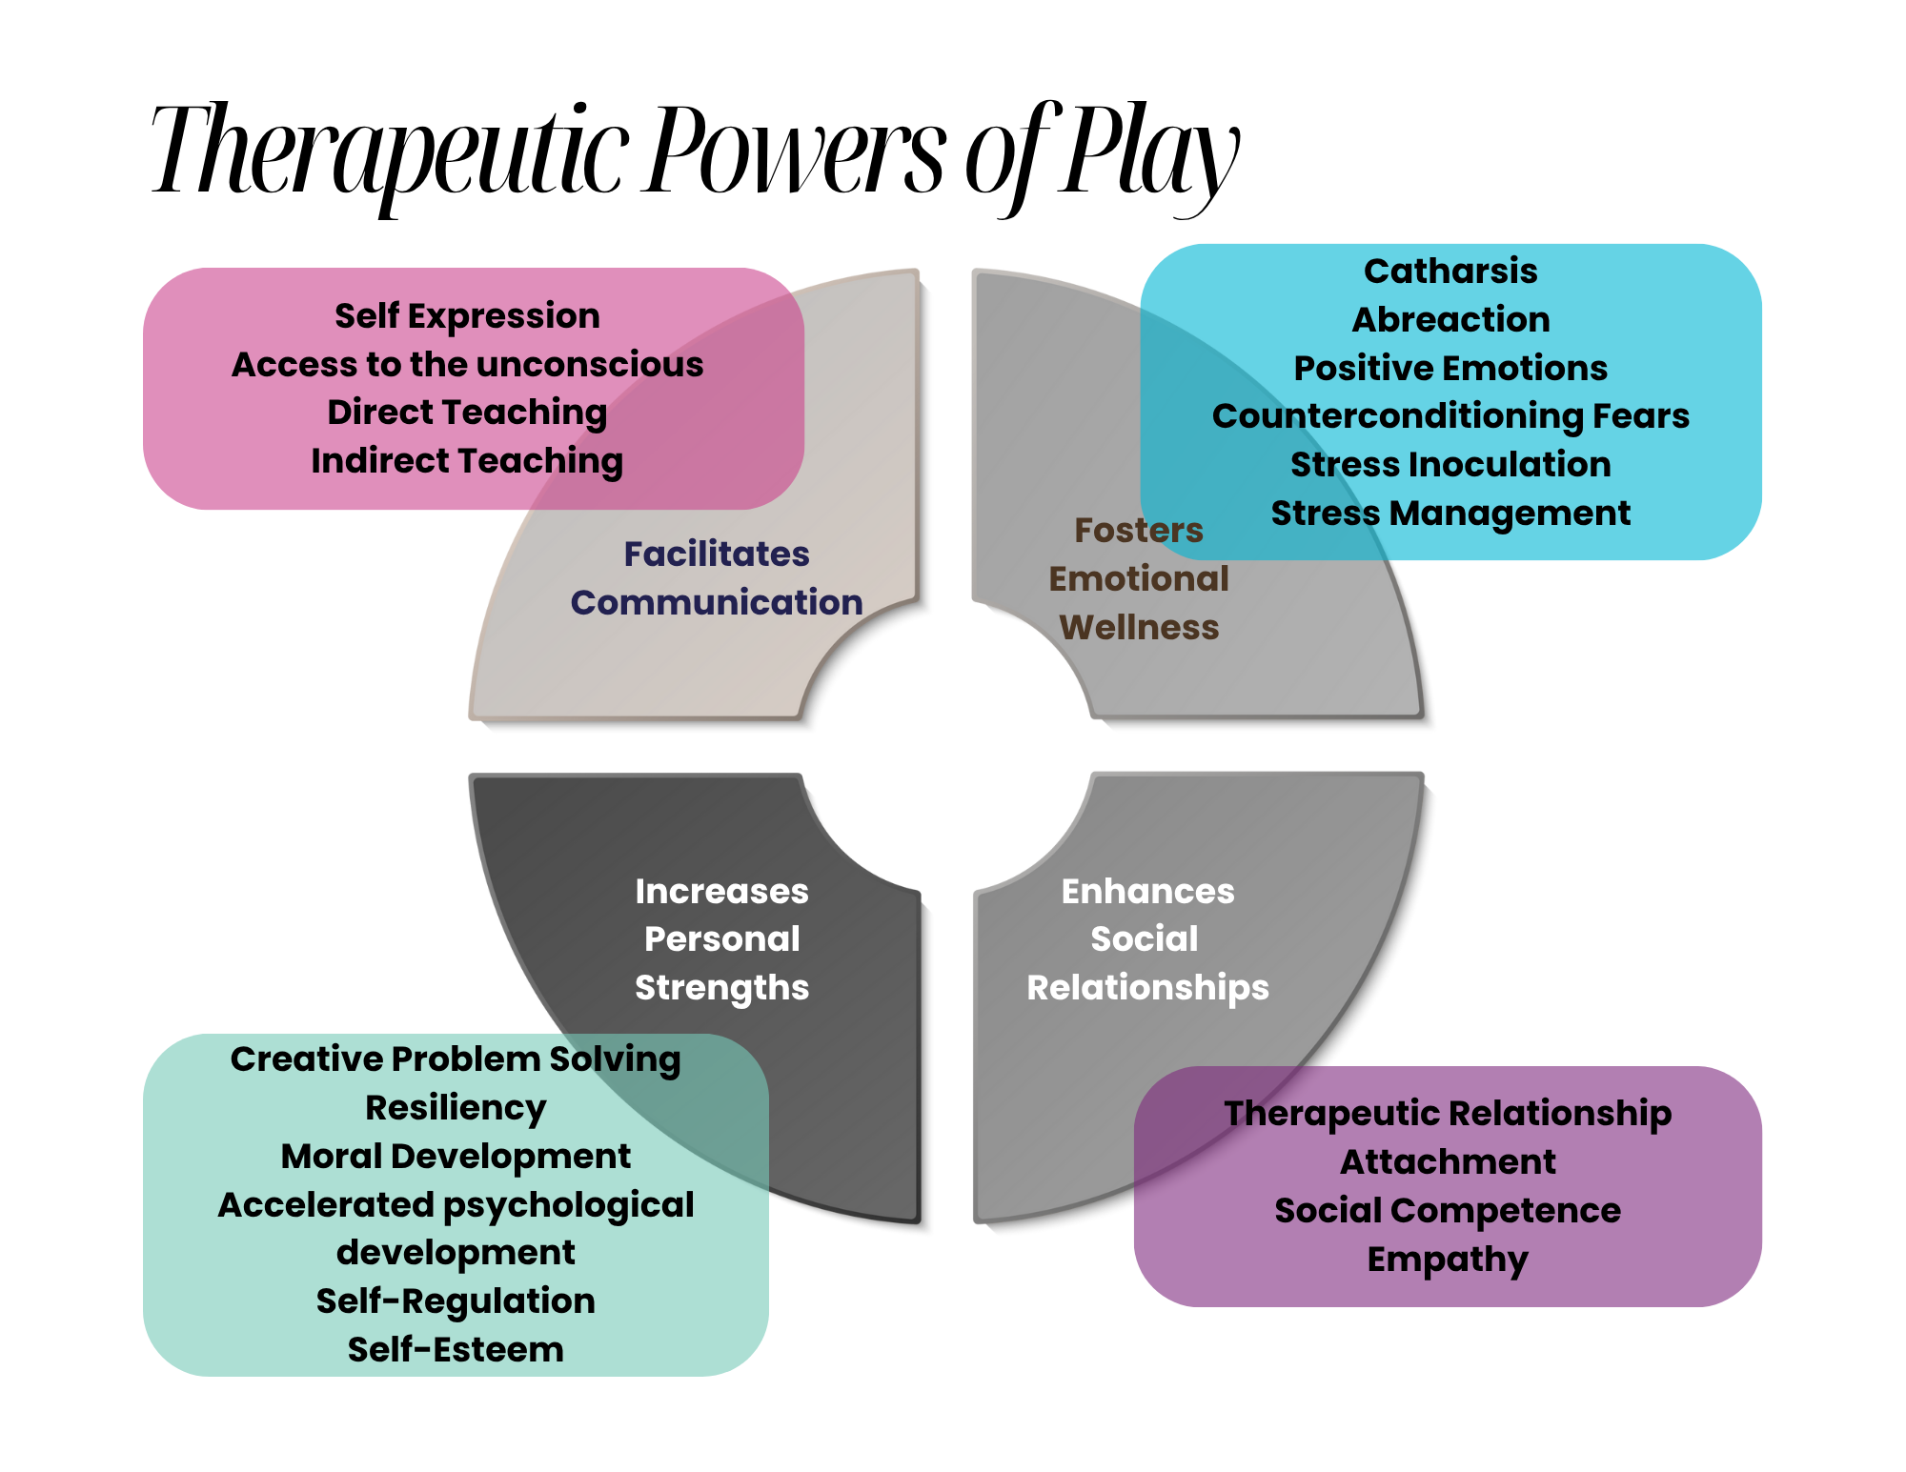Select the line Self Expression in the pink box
pos(467,316)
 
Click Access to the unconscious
pos(467,365)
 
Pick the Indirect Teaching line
pos(467,461)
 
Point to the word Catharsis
pos(1450,272)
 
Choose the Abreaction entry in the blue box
pos(1450,320)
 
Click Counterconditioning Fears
pos(1450,416)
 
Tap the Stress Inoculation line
pos(1450,465)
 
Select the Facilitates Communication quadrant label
pos(717,578)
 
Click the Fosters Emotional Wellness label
pos(1139,578)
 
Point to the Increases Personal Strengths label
pos(721,939)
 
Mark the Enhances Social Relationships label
pos(1147,939)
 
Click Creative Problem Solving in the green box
pos(456,1059)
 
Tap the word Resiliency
pos(456,1108)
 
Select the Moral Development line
pos(456,1157)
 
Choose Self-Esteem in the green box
pos(456,1350)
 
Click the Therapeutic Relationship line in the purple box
pos(1448,1114)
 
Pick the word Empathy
pos(1448,1260)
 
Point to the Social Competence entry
pos(1448,1211)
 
